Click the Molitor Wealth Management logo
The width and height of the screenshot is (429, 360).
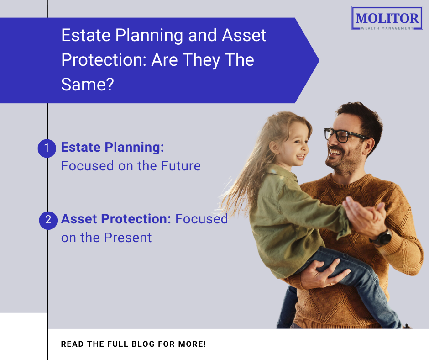[x=387, y=19]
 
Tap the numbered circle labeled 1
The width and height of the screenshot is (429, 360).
[x=47, y=148]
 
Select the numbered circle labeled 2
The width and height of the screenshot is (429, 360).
[x=48, y=220]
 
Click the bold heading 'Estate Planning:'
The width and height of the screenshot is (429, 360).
[x=112, y=148]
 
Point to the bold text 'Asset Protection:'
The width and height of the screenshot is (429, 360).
[x=116, y=219]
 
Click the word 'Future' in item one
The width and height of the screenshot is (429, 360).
[x=181, y=165]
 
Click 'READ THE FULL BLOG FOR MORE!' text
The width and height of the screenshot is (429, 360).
[x=133, y=344]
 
